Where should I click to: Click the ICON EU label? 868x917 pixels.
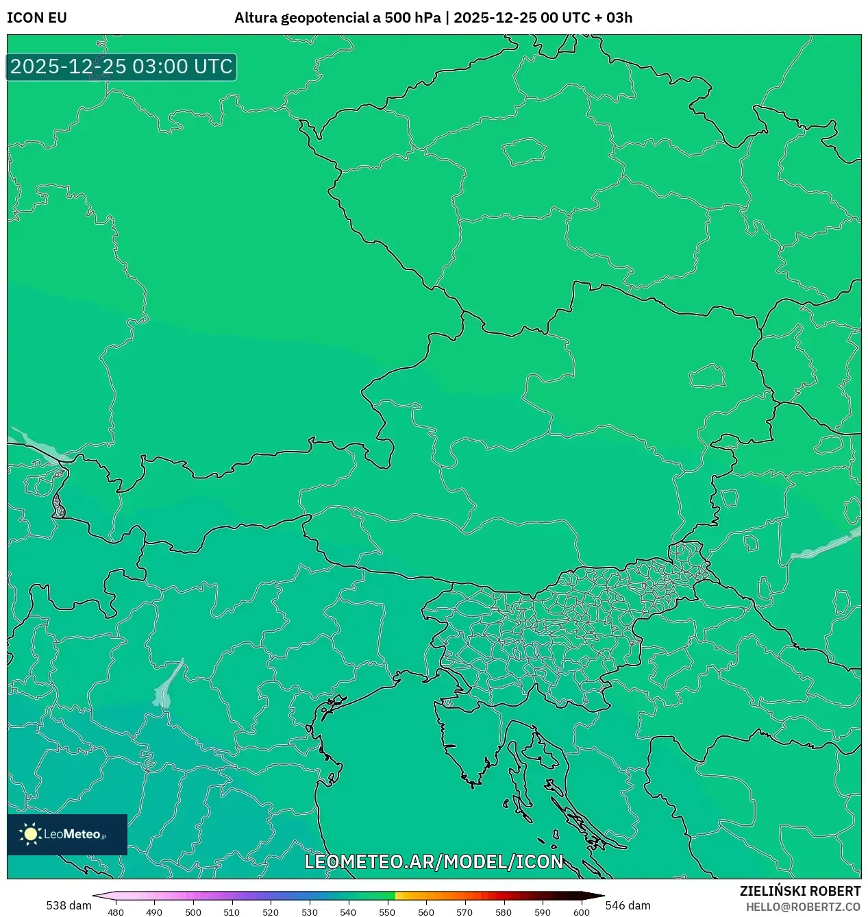tap(37, 18)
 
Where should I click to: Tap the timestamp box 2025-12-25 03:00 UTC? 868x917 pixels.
tap(121, 66)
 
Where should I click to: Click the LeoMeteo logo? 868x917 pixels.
tap(67, 834)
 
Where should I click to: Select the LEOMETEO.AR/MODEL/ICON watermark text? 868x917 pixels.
tap(434, 861)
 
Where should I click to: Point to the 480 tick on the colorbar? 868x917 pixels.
tap(116, 912)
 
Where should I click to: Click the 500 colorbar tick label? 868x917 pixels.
tap(193, 912)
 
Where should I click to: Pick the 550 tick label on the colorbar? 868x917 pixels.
tap(387, 912)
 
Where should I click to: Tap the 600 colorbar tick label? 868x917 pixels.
tap(581, 912)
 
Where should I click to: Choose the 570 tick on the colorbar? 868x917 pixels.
tap(464, 912)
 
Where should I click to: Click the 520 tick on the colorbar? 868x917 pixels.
tap(271, 912)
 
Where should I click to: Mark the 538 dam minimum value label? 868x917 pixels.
tap(69, 905)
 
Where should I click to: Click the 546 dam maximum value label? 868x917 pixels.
tap(628, 905)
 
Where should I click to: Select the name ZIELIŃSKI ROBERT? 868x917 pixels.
tap(799, 891)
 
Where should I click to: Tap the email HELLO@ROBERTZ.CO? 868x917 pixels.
tap(803, 907)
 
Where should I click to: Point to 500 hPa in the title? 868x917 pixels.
tap(412, 18)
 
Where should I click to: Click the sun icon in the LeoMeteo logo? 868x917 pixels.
tap(31, 834)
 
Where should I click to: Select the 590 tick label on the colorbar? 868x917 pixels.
tap(542, 912)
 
